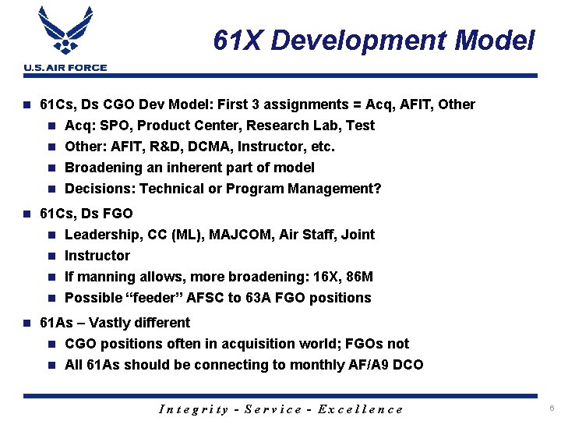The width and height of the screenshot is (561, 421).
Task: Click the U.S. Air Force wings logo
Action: point(65,32)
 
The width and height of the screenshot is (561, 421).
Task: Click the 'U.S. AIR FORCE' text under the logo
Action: point(65,68)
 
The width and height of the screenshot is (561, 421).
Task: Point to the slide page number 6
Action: point(551,409)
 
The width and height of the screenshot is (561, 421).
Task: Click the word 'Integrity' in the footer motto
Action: point(194,409)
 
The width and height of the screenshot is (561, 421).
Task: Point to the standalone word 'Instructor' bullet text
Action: point(97,256)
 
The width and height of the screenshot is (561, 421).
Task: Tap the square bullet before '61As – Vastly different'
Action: point(26,323)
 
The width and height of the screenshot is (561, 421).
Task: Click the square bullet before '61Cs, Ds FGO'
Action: point(26,214)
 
